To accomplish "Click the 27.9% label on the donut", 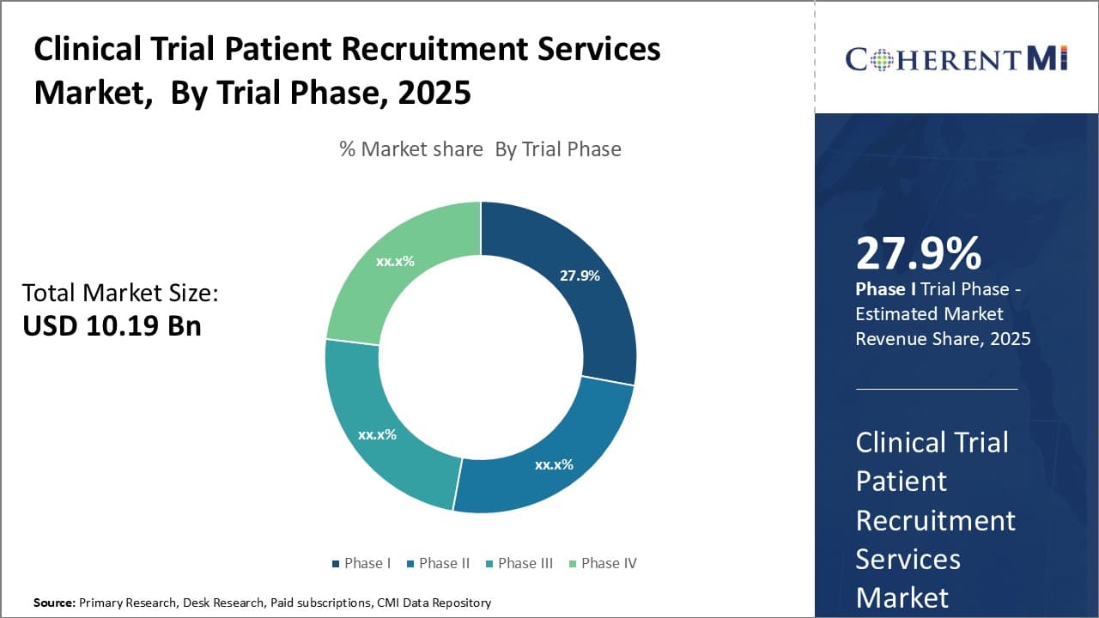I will click(x=580, y=276).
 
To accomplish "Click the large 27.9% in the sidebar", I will click(x=918, y=253).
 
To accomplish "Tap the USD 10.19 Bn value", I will click(x=112, y=326).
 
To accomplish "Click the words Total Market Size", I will click(x=120, y=293).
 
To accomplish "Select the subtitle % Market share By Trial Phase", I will click(x=480, y=149).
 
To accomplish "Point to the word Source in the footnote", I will click(x=54, y=603).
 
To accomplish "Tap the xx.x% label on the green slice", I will click(x=395, y=261).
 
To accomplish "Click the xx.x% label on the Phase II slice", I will click(x=554, y=464).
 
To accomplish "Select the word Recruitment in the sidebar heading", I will click(x=935, y=520).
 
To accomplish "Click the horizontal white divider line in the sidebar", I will click(x=936, y=389).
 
